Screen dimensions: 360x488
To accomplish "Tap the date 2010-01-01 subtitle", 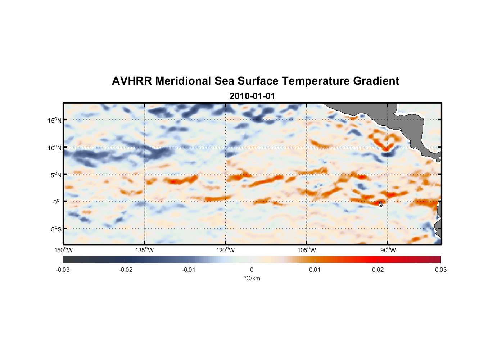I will (x=252, y=96).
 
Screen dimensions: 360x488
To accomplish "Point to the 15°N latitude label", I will (x=55, y=121).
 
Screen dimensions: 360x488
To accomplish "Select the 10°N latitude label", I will (x=55, y=148).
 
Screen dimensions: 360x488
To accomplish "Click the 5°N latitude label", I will (x=56, y=175).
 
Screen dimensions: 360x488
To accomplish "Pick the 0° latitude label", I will (x=57, y=202).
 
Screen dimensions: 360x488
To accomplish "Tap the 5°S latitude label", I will (x=56, y=229).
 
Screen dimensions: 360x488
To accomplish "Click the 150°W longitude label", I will (x=63, y=250).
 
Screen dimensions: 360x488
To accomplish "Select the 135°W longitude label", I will (x=145, y=250).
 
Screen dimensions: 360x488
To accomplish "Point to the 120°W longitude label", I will (x=226, y=250).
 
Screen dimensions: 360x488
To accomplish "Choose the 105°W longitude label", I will (x=307, y=250).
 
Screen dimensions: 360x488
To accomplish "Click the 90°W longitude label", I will (x=388, y=250).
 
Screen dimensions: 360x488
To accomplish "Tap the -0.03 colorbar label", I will (x=63, y=270).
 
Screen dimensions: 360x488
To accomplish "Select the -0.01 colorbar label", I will (x=189, y=270).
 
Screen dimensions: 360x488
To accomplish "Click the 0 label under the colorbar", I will (x=252, y=270).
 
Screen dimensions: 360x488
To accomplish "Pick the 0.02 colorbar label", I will (x=378, y=270).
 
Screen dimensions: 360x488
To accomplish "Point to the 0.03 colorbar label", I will (x=440, y=270).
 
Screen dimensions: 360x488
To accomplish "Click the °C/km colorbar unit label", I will (x=252, y=278).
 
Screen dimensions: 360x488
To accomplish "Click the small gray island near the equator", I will (x=381, y=204).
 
